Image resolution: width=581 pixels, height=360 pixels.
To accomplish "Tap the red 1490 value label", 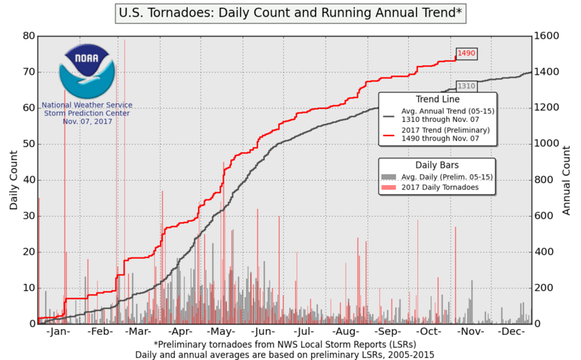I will [466, 53].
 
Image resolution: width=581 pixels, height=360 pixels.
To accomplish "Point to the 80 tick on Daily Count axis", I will [27, 36].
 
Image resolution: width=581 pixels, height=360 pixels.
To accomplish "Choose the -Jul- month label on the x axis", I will [305, 333].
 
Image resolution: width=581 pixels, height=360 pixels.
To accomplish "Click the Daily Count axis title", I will [13, 179].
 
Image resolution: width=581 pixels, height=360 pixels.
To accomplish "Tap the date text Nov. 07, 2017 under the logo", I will [85, 121].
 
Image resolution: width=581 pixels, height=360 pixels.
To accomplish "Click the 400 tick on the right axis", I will [545, 252].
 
